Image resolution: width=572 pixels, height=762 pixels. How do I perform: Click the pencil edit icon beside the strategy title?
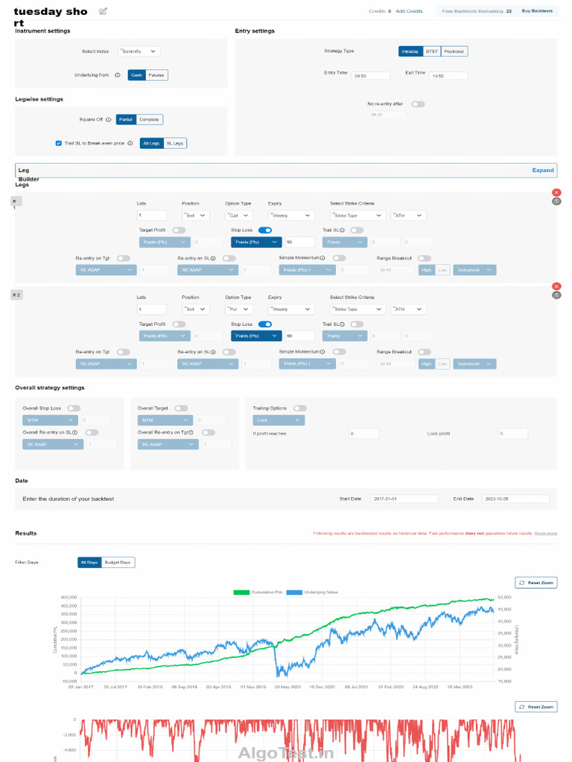103,11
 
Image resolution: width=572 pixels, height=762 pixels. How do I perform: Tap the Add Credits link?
409,11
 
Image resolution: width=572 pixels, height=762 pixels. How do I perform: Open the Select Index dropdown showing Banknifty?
139,51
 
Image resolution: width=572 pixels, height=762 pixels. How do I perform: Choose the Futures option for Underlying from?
156,74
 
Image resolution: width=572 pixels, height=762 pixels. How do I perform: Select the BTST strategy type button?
431,51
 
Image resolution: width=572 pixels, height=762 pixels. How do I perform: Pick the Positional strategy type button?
454,51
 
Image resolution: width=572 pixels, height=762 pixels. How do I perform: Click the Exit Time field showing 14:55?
448,76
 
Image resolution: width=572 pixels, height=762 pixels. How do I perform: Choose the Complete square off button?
149,119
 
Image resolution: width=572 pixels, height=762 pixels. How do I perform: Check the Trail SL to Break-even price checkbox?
59,143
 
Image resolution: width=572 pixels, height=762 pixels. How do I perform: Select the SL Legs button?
174,143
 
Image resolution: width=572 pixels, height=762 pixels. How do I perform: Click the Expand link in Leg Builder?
542,170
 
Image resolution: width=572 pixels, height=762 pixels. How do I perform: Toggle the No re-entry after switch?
418,104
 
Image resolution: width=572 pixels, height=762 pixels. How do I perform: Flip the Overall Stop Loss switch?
74,408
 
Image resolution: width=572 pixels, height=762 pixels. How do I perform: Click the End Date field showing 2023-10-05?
515,499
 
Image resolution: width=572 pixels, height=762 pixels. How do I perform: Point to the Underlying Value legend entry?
314,592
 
